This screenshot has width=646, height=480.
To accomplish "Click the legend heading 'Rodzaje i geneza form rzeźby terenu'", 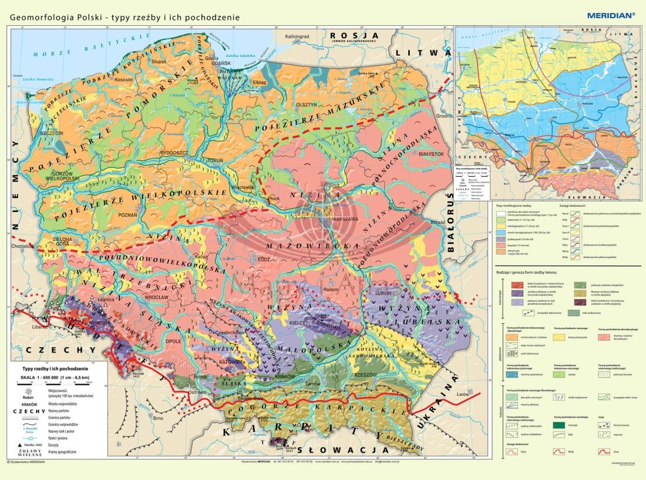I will click(x=529, y=273).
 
